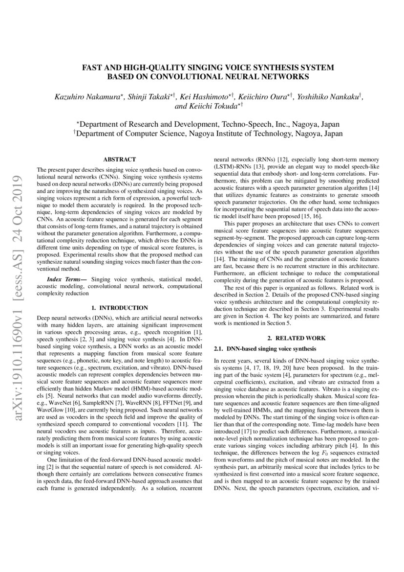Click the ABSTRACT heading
pos(120,159)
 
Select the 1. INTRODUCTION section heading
pos(120,308)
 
